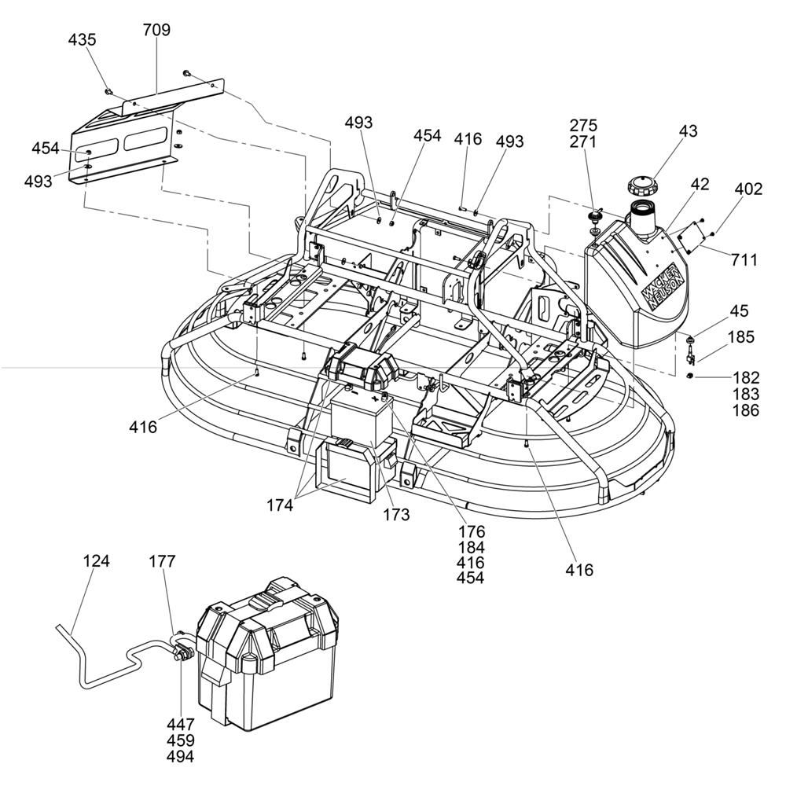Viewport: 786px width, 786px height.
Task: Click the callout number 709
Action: point(156,31)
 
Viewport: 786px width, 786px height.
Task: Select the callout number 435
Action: point(82,39)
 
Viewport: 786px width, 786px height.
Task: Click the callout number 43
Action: point(689,131)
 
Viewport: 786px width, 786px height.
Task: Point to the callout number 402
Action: point(748,189)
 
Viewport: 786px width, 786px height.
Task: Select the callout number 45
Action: point(739,311)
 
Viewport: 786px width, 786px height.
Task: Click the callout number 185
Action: point(740,337)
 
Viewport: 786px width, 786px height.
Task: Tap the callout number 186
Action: point(746,410)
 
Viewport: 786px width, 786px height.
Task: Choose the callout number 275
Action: point(584,125)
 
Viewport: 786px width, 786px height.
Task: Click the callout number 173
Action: point(396,515)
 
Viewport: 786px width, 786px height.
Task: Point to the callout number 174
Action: point(279,505)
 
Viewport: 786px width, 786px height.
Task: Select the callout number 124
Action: point(96,561)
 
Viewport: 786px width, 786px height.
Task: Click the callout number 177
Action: point(163,561)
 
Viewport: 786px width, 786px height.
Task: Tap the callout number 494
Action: point(180,757)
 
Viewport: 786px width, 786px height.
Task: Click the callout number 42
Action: point(700,185)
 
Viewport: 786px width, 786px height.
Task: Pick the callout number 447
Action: point(180,724)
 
